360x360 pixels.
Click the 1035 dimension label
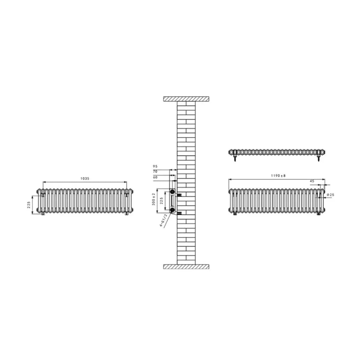click(85, 178)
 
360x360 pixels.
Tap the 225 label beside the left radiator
click(29, 205)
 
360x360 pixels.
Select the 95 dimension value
click(155, 166)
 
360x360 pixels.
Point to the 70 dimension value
click(155, 172)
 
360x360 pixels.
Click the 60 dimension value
click(155, 177)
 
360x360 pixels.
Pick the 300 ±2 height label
click(154, 199)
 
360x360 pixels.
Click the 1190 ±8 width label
click(278, 175)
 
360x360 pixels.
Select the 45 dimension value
click(312, 181)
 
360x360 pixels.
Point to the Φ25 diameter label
click(330, 195)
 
